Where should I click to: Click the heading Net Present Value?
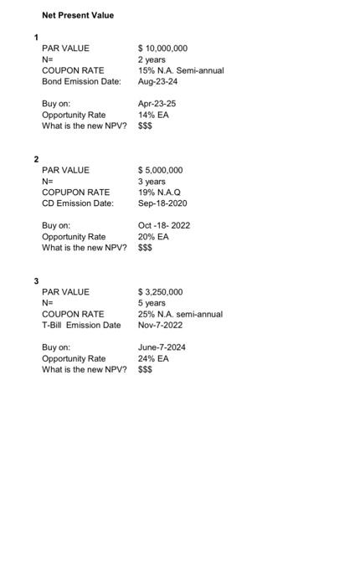point(78,15)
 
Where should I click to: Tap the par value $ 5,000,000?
point(160,170)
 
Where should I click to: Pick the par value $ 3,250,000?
point(160,292)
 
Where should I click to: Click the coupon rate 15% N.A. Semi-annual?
point(181,70)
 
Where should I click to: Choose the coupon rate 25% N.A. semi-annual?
point(180,314)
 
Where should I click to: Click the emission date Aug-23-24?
point(157,81)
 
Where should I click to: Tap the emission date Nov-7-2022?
point(161,325)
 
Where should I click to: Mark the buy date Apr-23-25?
point(157,104)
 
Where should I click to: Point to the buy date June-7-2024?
point(162,347)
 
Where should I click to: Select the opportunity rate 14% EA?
point(153,115)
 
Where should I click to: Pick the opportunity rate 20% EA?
point(153,237)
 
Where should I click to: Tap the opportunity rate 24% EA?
point(153,358)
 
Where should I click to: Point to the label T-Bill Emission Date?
point(81,325)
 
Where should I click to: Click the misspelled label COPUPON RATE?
point(75,193)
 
